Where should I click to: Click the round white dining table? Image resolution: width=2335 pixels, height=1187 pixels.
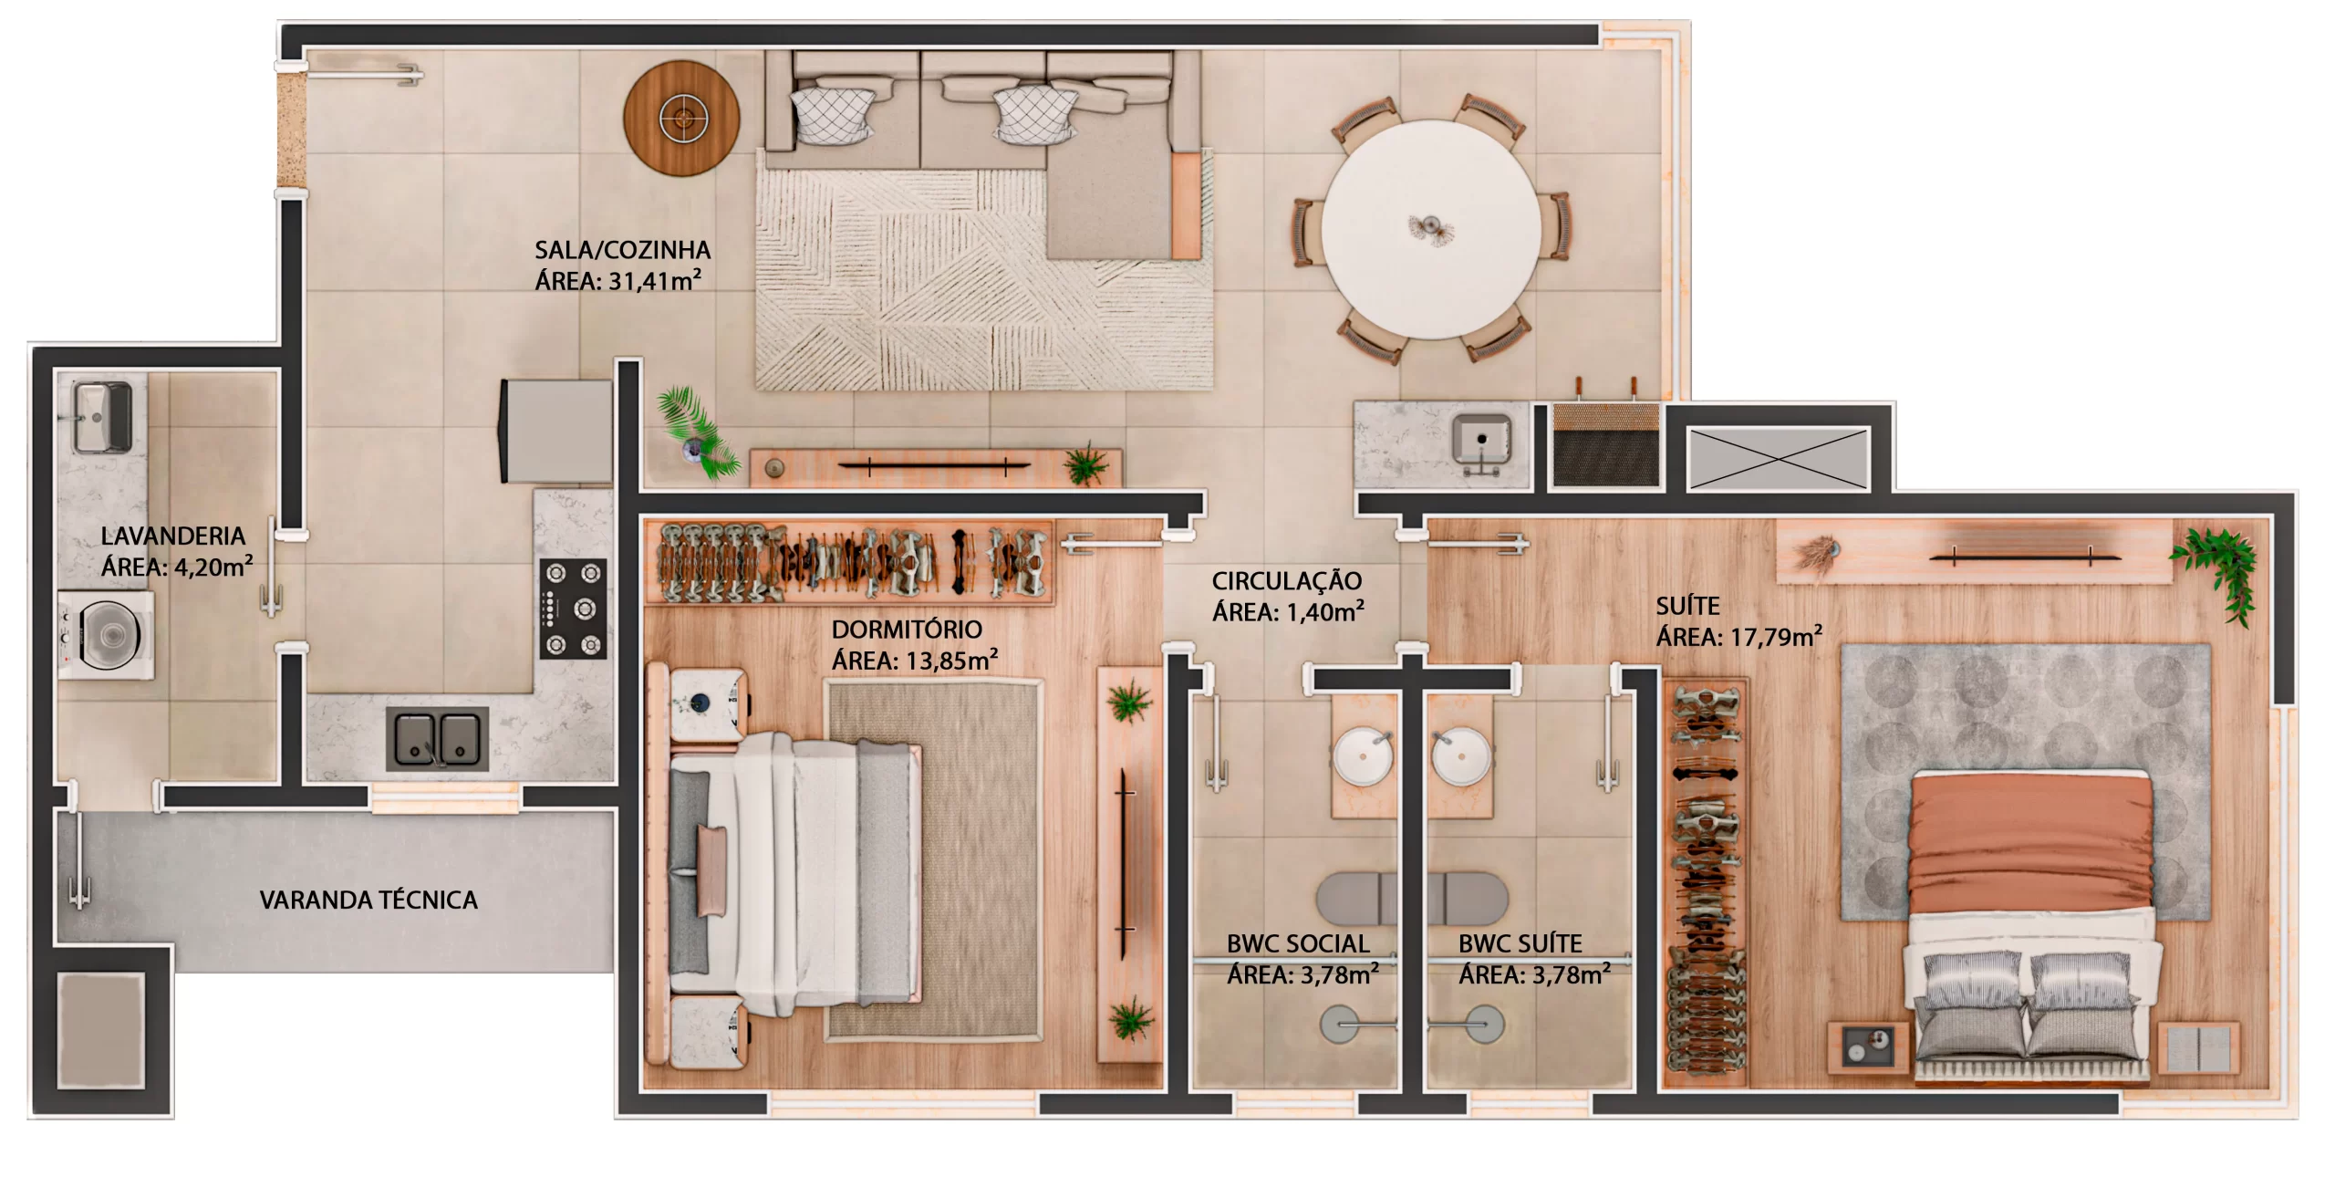[1430, 229]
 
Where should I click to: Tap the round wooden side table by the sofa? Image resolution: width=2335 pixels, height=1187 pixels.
[681, 118]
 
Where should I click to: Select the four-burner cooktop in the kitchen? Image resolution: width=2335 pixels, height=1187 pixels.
[574, 609]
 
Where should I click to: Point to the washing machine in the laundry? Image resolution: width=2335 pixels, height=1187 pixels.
[107, 634]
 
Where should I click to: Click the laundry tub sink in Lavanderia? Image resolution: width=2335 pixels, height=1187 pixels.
[102, 418]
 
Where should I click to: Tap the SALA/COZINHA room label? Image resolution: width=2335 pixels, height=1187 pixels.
[622, 250]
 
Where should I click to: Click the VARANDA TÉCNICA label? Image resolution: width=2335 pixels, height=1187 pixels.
[368, 901]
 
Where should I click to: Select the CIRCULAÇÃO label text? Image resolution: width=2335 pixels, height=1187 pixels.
[1287, 580]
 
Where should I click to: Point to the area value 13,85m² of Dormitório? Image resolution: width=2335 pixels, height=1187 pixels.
[951, 660]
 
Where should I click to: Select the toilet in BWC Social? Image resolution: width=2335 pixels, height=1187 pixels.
[1357, 899]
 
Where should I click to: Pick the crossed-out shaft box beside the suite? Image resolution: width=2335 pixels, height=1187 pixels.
[1778, 459]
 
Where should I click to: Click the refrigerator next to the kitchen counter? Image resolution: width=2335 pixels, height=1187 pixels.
[556, 431]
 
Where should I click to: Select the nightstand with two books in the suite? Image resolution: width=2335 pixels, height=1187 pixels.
[2199, 1048]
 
